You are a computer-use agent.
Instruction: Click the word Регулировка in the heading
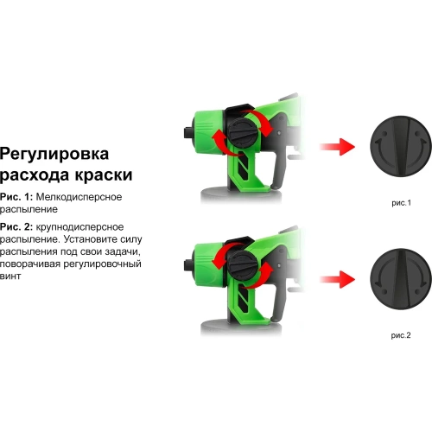point(54,155)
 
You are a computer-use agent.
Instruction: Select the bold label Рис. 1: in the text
point(18,198)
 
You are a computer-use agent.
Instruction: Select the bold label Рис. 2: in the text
point(18,226)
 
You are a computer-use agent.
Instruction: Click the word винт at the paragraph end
point(10,276)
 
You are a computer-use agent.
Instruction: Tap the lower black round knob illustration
point(400,278)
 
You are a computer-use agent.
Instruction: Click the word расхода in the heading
point(33,175)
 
